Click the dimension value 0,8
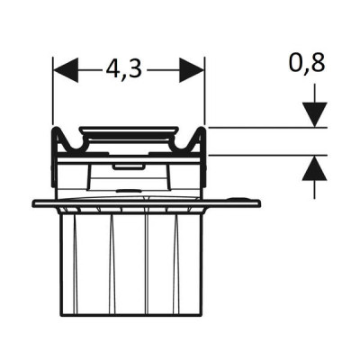coord(307,64)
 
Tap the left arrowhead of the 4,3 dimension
coord(66,70)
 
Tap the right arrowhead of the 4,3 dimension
coord(192,70)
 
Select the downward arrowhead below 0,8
coord(314,114)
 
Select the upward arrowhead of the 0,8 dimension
coord(314,168)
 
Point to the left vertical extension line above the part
coord(53,91)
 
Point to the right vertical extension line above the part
coord(204,91)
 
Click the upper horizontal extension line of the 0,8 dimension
coord(267,128)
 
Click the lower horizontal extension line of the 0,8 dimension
coord(267,156)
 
